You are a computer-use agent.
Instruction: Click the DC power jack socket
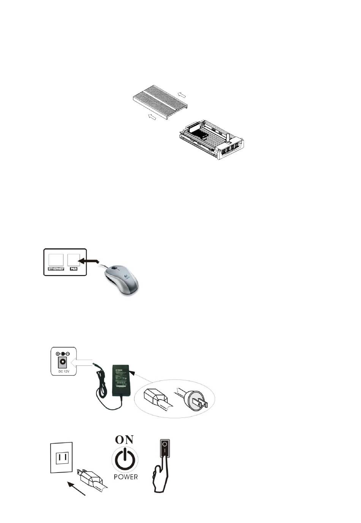coord(61,363)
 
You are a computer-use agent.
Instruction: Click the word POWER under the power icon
coord(125,476)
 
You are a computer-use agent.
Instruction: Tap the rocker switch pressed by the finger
coord(165,448)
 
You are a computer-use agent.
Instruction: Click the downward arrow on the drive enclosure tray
coord(228,137)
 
